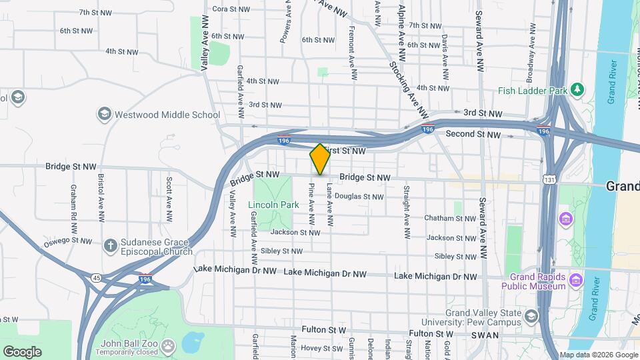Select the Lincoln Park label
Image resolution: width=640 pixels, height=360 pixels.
pos(273,205)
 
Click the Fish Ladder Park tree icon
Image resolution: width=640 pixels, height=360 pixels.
pos(577,89)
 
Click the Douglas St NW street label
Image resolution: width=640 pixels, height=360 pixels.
pos(359,197)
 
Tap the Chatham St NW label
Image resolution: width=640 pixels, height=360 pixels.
pos(448,219)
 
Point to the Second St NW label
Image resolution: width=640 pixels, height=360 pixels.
pos(473,134)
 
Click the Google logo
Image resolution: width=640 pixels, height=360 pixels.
pos(22,352)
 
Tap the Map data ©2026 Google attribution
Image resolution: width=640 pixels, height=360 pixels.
pos(599,355)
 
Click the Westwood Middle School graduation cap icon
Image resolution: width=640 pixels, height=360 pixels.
pos(104,115)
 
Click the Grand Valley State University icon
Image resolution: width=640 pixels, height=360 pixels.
pos(531,315)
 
